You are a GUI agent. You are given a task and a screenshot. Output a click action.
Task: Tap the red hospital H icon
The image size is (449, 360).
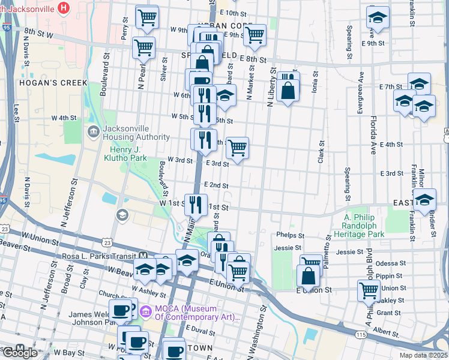point(63,8)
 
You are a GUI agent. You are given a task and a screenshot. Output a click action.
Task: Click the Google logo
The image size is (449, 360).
point(20,353)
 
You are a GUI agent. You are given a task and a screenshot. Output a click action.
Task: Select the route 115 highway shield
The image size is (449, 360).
point(360,334)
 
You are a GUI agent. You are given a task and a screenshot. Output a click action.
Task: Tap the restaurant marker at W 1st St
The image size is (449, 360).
point(196,205)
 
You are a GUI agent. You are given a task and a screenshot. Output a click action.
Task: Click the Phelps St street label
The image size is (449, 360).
point(290,235)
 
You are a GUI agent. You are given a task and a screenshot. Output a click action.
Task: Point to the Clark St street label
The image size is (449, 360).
point(321,152)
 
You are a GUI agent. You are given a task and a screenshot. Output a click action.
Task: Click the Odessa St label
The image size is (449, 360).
point(390,264)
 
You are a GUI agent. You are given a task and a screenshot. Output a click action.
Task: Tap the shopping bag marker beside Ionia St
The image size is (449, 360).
point(288,91)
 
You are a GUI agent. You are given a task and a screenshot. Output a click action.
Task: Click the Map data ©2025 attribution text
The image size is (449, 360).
point(423,355)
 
